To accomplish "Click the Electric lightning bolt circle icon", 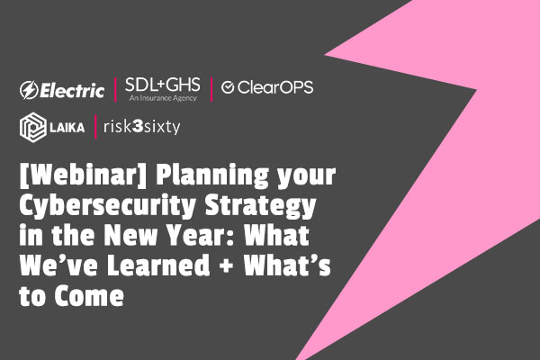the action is coord(29,90).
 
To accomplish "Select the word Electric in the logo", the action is coord(72,91).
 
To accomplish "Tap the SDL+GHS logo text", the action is coord(163,85).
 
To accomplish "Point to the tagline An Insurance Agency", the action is coord(163,98).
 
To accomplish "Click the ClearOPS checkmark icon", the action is coord(228,87).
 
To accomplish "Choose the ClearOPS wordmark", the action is coord(275,87).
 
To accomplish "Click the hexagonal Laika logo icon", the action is coord(32,127).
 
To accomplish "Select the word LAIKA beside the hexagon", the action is coord(67,128).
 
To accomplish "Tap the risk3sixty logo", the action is coord(142,127).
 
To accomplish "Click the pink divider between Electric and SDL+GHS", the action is coord(115,90).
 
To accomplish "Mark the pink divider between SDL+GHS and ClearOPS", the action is coord(211,90).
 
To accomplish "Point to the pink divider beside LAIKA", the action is coord(95,127).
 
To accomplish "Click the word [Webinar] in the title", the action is coord(84,175).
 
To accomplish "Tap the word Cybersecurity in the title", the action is coord(107,206).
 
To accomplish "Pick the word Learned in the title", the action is coord(158,265).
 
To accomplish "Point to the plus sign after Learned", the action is coord(227,266).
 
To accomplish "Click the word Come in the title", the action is coord(89,295).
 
